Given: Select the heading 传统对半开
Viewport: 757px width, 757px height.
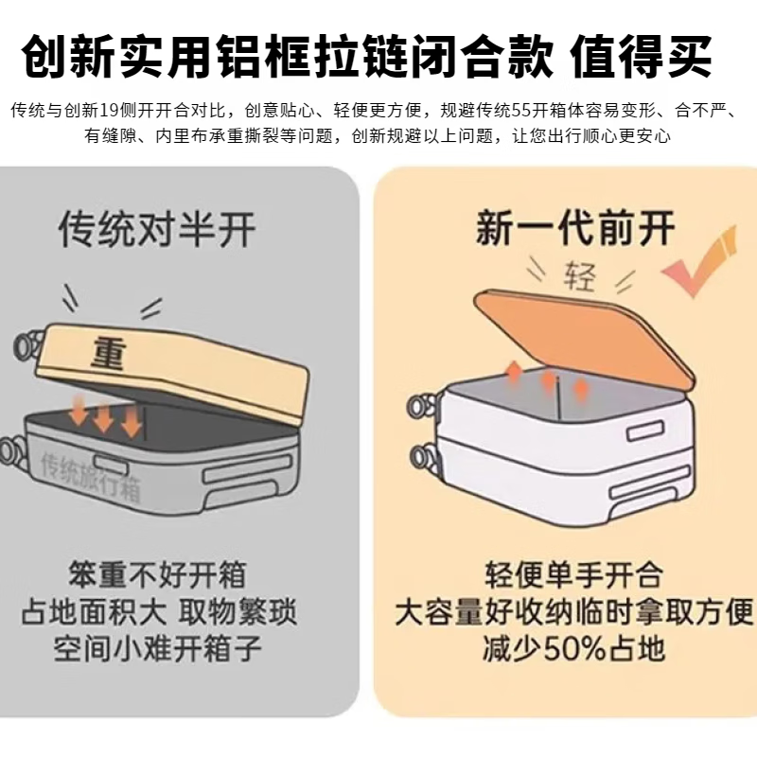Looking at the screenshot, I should [x=157, y=229].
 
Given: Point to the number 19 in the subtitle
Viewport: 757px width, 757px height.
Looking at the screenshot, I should [x=113, y=111].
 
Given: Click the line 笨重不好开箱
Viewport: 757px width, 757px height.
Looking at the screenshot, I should [x=157, y=574].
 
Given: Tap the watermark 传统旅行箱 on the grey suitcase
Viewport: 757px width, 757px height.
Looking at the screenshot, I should [x=90, y=466].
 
